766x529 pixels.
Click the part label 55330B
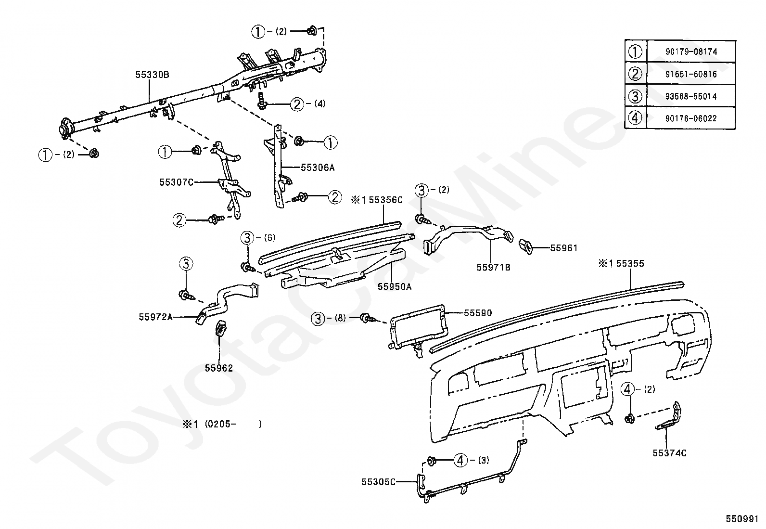(152, 75)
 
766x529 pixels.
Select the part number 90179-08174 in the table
(691, 52)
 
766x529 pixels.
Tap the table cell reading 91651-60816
(691, 74)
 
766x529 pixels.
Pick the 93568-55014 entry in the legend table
(691, 96)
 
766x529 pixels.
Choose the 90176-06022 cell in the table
(691, 118)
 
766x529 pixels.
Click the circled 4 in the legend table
(636, 118)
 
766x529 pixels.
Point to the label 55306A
(318, 168)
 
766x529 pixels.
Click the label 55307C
(177, 182)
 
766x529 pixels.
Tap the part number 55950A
(395, 286)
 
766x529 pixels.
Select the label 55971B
(494, 267)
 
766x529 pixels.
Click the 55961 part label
(564, 248)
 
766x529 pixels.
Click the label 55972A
(156, 317)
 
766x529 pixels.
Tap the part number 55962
(219, 368)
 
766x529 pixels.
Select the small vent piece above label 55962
(222, 328)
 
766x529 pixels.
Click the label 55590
(478, 313)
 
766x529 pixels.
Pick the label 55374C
(670, 453)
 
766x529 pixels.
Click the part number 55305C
(379, 482)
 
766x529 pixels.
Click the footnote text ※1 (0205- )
(222, 424)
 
